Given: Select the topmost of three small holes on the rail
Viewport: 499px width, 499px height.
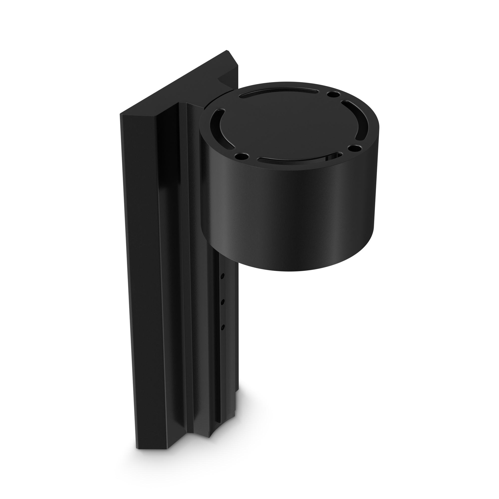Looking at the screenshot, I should pyautogui.click(x=223, y=276).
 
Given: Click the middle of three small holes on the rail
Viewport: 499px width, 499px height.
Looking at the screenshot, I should pyautogui.click(x=223, y=301).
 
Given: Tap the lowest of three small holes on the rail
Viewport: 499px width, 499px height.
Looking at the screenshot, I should pyautogui.click(x=223, y=327).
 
